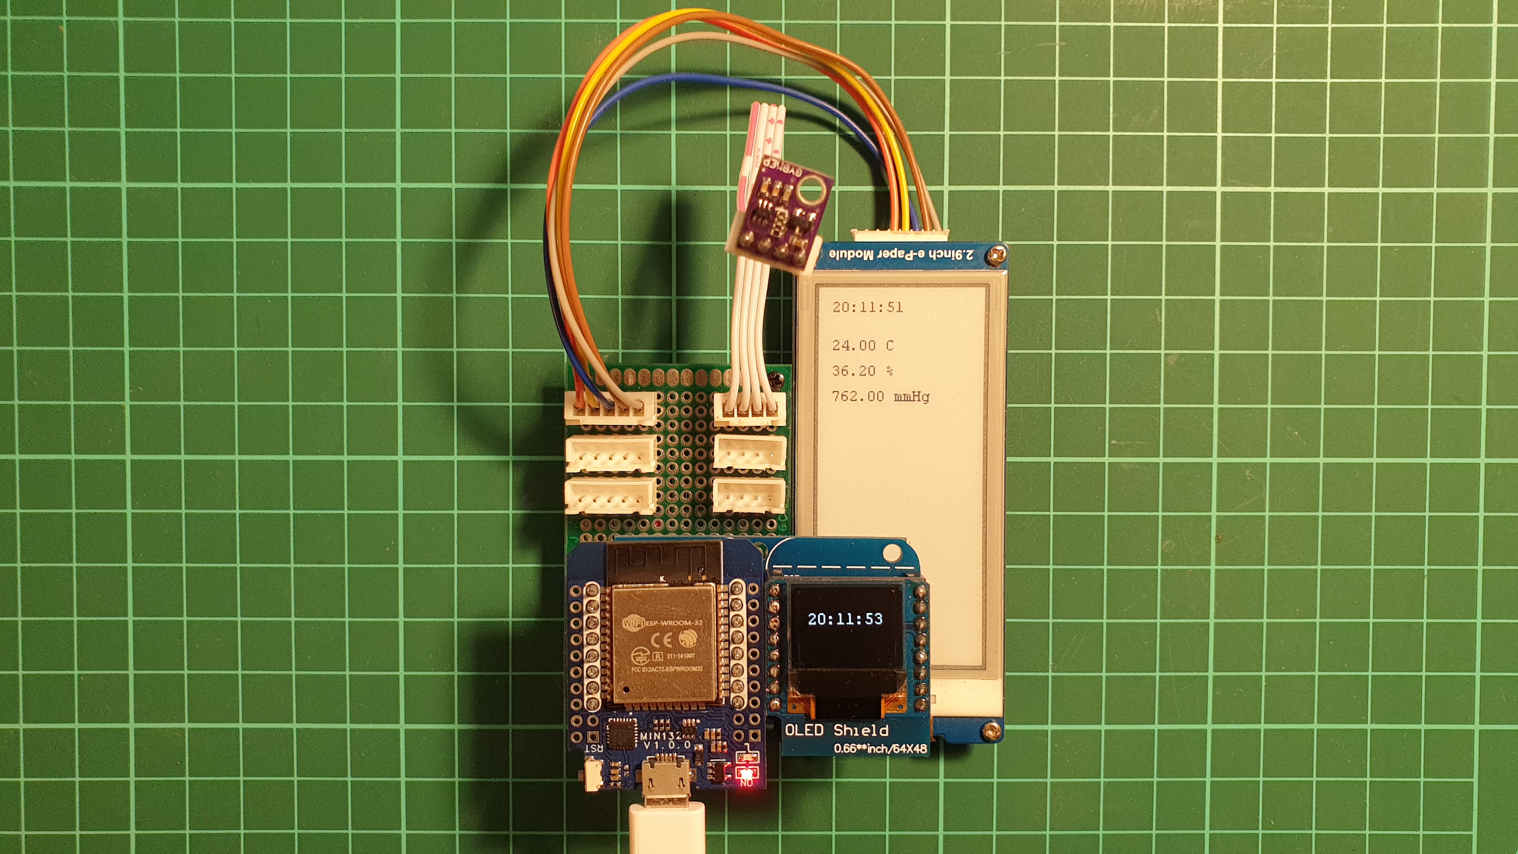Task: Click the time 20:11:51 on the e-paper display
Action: [x=867, y=307]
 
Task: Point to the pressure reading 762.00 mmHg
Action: [x=880, y=396]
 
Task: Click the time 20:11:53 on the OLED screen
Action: [x=845, y=619]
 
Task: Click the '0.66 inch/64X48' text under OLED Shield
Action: [x=880, y=749]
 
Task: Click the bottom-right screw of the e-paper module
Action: [x=992, y=731]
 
